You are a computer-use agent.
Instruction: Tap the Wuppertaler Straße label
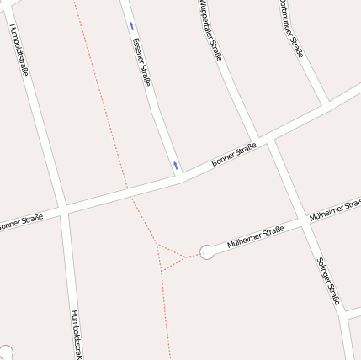[210, 31]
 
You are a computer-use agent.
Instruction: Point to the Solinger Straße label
[328, 280]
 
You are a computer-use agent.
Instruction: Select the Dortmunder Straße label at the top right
[290, 28]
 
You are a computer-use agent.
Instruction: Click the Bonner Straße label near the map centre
[234, 154]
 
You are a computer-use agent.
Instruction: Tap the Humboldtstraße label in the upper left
[19, 49]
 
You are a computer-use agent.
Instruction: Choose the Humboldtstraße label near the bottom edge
[77, 334]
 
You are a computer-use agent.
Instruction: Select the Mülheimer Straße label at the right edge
[335, 211]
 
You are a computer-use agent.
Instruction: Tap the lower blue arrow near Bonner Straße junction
[175, 165]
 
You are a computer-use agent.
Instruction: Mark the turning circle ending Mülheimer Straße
[207, 251]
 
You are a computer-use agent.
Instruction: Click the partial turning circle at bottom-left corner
[4, 353]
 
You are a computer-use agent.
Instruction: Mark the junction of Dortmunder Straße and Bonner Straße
[326, 106]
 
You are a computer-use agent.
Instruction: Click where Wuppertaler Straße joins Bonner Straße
[255, 141]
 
